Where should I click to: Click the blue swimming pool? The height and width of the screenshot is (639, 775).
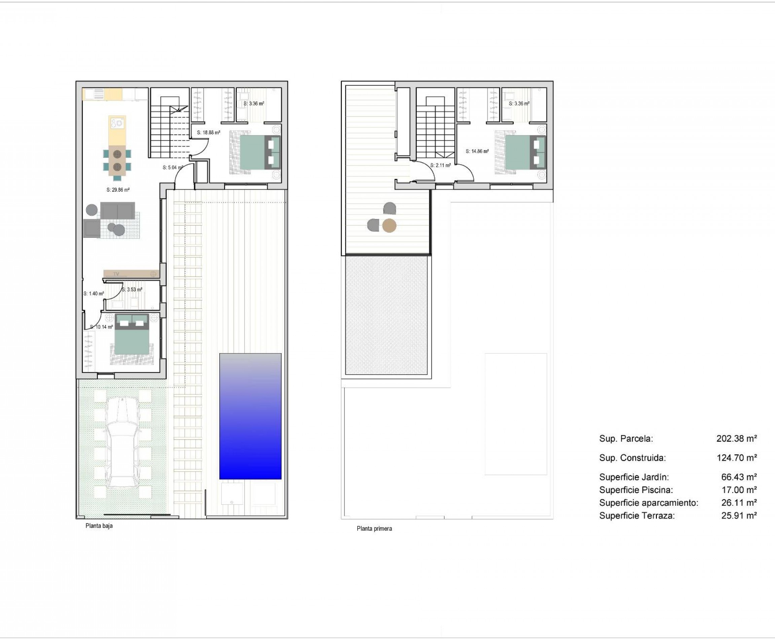[250, 416]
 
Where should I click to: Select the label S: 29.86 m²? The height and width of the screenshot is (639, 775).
[118, 190]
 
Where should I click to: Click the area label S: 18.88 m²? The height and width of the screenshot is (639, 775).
[209, 133]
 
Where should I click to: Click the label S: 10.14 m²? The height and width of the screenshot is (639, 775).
[101, 327]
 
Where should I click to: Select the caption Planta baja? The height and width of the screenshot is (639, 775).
[99, 526]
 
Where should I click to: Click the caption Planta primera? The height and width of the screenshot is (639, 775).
[374, 529]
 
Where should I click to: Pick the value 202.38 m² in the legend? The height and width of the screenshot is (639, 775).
[736, 439]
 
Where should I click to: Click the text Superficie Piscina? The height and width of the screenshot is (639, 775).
[636, 490]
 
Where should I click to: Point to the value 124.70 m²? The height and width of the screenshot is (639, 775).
[736, 458]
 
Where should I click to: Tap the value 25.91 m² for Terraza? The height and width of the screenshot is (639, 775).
[739, 516]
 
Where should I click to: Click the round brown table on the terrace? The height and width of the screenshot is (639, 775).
[389, 226]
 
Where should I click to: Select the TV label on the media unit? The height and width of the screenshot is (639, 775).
[116, 274]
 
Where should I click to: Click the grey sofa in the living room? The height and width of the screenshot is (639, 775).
[117, 211]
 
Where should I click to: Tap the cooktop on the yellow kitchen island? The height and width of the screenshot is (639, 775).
[117, 122]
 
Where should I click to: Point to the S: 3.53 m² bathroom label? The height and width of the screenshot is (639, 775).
[132, 290]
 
